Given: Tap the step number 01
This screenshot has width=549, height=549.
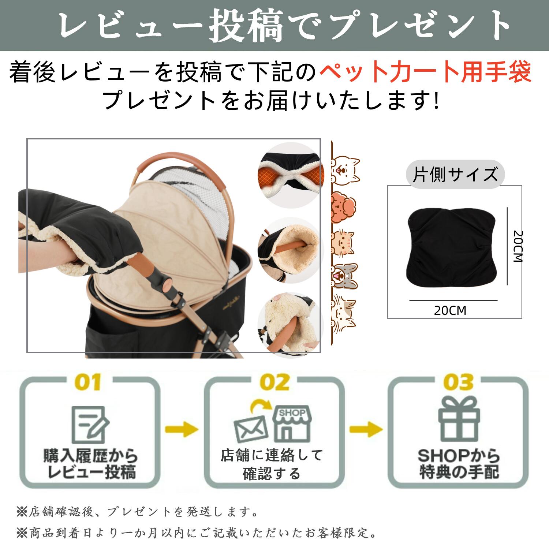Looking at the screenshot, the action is pos(88,382).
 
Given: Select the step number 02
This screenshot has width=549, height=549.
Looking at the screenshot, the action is pos(274,382).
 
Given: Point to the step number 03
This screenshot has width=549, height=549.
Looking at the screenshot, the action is pos(458,382).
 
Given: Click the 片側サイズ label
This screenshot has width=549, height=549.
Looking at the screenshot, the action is pos(455,174).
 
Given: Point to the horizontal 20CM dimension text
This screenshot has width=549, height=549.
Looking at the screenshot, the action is pos(450,311).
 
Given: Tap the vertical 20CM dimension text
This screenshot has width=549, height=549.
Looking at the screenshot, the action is pos(518,246).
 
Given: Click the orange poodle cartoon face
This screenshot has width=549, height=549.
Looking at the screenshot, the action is pos(343,208).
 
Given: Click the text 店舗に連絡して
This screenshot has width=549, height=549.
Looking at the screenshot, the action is pos(272,455).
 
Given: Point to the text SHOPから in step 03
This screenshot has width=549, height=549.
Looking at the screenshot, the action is pos(459,456).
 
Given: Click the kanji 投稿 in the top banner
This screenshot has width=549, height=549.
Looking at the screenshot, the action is pos(247,26).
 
